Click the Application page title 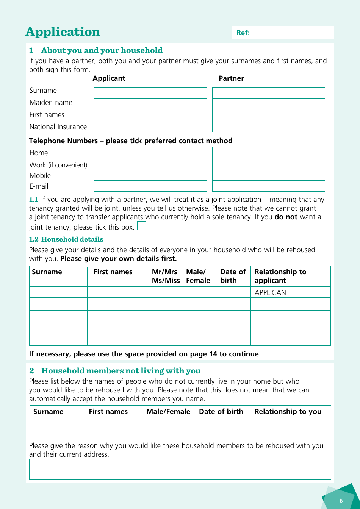point(63,32)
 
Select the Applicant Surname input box point(150,93)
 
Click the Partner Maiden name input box point(268,104)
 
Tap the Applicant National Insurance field point(150,126)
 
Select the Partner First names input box point(268,116)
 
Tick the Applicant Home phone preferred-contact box point(200,153)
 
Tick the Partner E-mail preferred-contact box point(318,186)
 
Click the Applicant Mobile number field point(144,175)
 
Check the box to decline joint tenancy point(141,226)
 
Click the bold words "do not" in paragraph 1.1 point(286,217)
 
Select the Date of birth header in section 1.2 point(233,276)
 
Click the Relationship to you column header point(288,412)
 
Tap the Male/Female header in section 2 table point(168,412)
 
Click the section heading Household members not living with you point(121,371)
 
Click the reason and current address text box point(180,469)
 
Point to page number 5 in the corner point(341,501)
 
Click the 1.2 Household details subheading point(66,239)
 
